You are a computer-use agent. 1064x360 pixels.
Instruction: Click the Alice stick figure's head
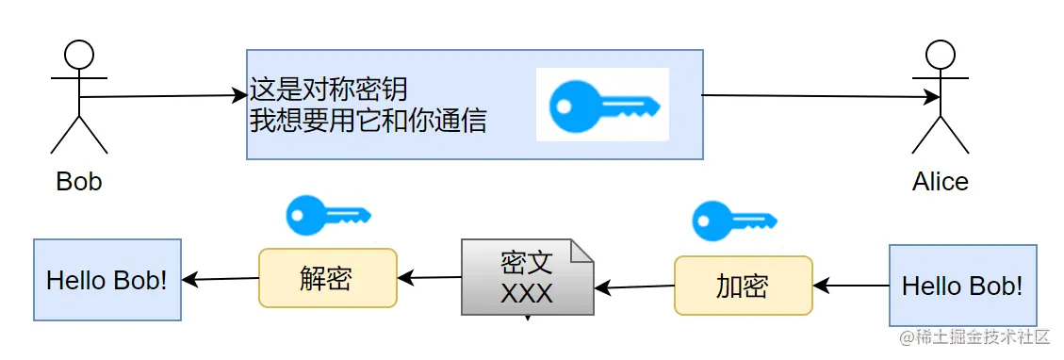(x=940, y=55)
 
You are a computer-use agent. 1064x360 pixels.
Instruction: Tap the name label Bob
(x=79, y=181)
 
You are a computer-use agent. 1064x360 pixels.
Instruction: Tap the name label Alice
(x=940, y=181)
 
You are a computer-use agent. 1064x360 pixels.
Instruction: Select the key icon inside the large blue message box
(x=603, y=105)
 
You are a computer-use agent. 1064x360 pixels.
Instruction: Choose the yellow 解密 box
(x=328, y=277)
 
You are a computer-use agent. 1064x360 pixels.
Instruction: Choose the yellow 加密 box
(x=743, y=286)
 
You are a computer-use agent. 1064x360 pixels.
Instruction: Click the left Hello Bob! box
(x=107, y=279)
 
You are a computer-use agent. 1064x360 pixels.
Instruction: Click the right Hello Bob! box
(x=962, y=285)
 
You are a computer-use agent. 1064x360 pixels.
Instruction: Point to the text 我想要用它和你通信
(x=368, y=122)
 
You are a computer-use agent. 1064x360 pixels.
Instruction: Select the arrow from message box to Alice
(x=820, y=96)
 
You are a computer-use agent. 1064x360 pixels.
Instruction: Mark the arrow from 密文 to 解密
(x=429, y=277)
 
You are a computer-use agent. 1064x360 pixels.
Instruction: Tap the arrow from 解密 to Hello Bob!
(x=221, y=279)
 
